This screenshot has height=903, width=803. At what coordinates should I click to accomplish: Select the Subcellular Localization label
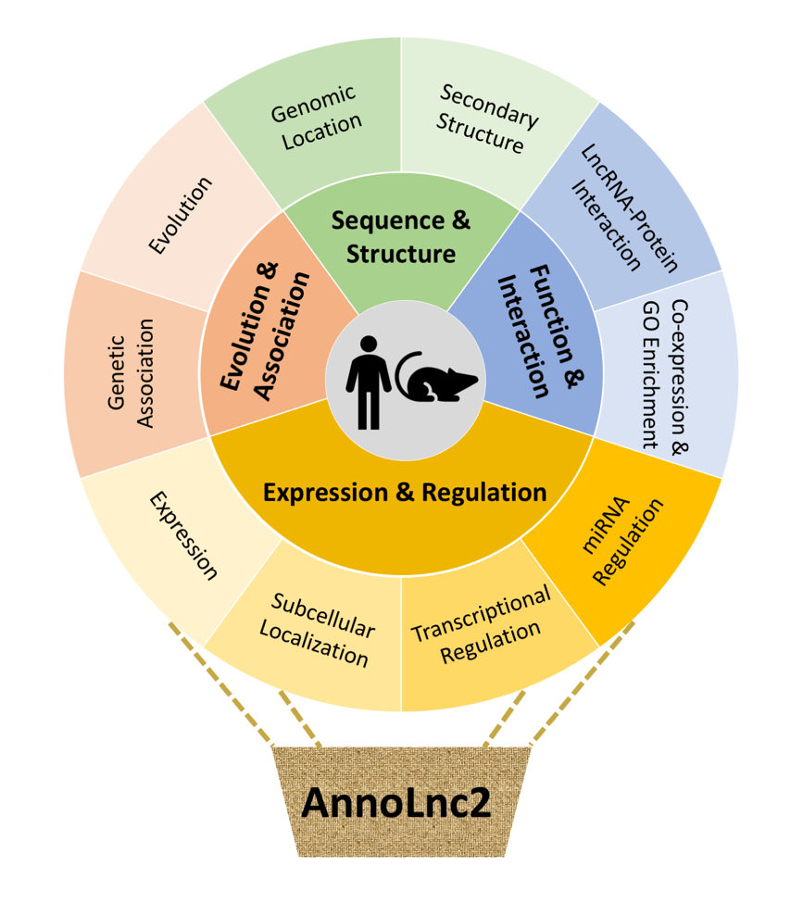[318, 629]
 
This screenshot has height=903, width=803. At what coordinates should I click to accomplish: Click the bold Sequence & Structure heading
[401, 236]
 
